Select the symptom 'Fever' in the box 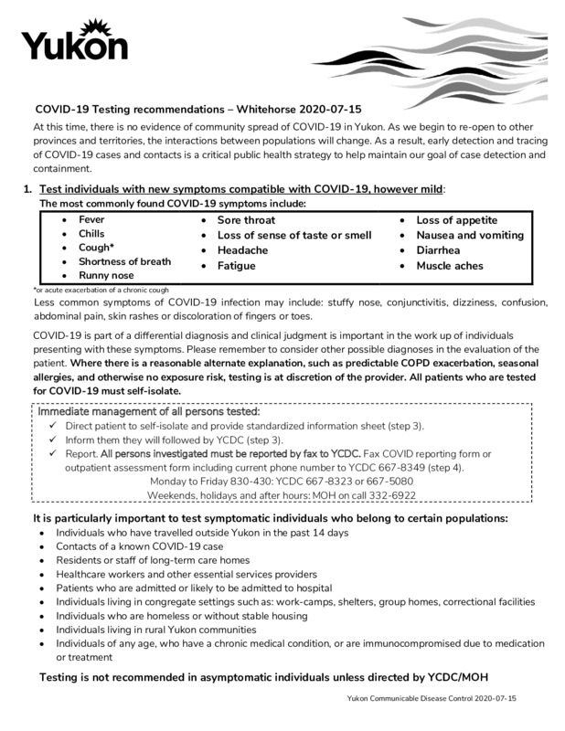point(91,220)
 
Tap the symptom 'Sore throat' point(246,220)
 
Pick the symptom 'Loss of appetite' point(456,220)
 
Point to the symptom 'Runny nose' point(106,275)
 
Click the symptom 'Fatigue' point(236,266)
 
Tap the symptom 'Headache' point(242,250)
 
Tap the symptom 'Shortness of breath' point(124,261)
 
